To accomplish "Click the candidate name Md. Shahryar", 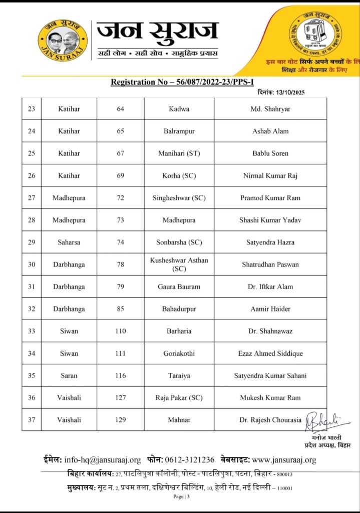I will [270, 109].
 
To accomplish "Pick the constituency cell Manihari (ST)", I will [179, 153].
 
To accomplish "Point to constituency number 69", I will [121, 175].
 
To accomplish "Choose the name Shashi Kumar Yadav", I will [270, 220].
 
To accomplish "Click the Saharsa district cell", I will [69, 242].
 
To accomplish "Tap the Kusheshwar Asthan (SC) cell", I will [179, 265].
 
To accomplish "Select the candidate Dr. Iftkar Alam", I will [270, 287].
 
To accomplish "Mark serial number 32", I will [32, 309].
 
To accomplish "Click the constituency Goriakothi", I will [179, 353].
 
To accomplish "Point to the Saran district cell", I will [69, 375].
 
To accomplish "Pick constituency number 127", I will [121, 397].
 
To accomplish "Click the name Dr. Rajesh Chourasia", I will [270, 420].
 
